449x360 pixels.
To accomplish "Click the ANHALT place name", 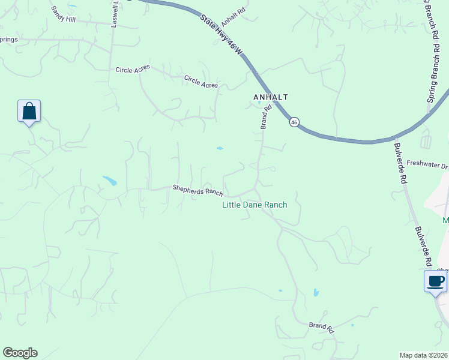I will click(x=271, y=97).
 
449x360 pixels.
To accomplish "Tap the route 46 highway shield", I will click(x=294, y=122).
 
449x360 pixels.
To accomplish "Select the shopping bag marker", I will click(x=29, y=112).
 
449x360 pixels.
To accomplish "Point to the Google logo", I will click(x=20, y=353).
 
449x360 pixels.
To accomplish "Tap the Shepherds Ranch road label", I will click(x=197, y=190).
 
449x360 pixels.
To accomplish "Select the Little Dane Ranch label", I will click(x=255, y=205).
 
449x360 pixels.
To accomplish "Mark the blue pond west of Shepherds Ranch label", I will click(x=110, y=180).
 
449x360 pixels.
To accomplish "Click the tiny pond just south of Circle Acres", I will click(x=220, y=148).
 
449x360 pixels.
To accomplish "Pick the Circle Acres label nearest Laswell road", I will click(x=133, y=70).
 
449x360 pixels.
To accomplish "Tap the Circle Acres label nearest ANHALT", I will click(x=201, y=82).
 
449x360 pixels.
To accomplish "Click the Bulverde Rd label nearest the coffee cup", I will click(x=423, y=246).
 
